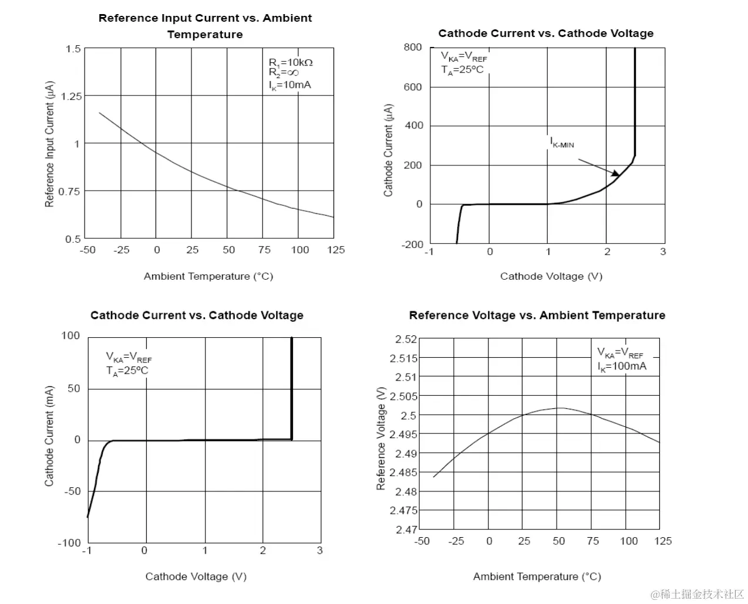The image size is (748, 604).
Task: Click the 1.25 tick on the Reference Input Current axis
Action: (71, 96)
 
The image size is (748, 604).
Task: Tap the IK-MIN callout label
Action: (562, 142)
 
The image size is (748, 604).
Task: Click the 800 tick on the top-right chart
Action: (413, 47)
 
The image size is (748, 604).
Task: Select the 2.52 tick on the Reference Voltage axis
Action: (406, 339)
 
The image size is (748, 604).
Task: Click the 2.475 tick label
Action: (403, 511)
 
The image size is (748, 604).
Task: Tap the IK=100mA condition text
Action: (622, 367)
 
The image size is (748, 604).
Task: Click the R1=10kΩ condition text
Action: (291, 62)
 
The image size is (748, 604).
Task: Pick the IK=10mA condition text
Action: (290, 85)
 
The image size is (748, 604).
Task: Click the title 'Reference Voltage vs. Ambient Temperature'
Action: (537, 315)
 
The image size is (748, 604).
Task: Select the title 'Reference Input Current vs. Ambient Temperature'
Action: (205, 26)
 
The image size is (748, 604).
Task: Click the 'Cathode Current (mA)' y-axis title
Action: (49, 436)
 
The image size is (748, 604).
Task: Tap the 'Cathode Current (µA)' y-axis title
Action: (388, 150)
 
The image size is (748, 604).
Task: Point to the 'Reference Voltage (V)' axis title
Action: (381, 438)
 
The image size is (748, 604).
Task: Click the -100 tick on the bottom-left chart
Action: (69, 542)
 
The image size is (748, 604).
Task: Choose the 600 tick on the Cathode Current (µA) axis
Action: (413, 87)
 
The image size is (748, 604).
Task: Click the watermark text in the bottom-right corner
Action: (697, 594)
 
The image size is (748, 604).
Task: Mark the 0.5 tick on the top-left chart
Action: (73, 239)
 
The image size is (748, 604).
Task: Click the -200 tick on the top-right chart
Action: (412, 244)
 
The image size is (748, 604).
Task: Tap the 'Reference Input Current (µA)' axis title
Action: (49, 144)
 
